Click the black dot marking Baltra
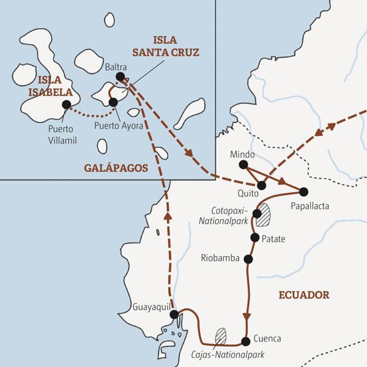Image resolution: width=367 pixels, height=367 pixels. point(120,76)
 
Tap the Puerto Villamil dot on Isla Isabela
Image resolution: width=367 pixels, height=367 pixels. point(66,104)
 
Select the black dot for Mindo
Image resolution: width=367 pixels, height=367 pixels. point(243,165)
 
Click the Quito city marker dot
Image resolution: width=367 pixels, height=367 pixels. point(262,185)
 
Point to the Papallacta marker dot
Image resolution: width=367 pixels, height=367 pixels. point(303,190)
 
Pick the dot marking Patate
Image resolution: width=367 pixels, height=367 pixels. point(254,237)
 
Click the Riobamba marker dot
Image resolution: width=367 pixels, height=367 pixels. point(248,259)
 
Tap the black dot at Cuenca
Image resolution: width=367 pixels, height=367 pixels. point(245,340)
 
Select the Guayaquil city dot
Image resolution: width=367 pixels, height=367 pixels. point(174,314)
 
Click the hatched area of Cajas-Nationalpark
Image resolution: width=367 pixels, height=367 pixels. point(221,335)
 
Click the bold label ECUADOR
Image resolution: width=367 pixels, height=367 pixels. point(304,295)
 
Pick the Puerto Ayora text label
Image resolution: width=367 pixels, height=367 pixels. point(119,127)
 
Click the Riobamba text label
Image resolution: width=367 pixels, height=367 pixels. point(220,259)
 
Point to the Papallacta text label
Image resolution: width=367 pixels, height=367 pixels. point(310,206)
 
